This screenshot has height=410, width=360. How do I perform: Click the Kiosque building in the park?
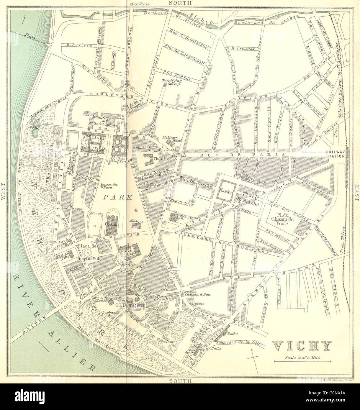[x=136, y=225]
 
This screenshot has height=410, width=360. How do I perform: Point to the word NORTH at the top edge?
[x=180, y=3]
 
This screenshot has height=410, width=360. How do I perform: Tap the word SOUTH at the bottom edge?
[x=180, y=381]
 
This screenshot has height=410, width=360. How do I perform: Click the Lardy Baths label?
[x=211, y=348]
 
